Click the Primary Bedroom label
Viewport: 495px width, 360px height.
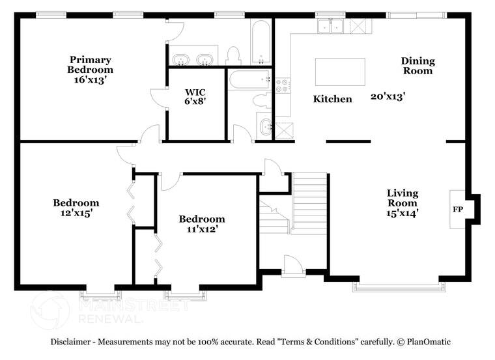[x=91, y=64]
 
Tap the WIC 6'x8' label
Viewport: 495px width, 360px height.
[x=195, y=96]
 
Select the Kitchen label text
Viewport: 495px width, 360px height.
[x=332, y=99]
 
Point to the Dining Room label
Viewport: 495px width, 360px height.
[x=417, y=66]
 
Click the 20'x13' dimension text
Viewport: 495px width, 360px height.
[x=388, y=96]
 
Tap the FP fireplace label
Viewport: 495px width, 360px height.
[x=458, y=209]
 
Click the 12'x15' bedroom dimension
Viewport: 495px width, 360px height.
[x=76, y=213]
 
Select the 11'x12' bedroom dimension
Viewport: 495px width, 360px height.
[x=202, y=229]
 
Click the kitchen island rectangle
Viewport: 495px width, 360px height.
[x=340, y=72]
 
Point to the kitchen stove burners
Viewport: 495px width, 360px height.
[x=282, y=85]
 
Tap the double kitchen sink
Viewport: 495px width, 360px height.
[x=330, y=26]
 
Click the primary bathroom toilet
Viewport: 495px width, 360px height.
[x=233, y=56]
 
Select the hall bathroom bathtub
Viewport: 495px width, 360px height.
[x=250, y=79]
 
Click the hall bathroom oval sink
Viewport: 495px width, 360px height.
[x=265, y=127]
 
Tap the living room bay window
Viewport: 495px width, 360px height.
[x=399, y=286]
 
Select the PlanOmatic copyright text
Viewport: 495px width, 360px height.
[x=423, y=342]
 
